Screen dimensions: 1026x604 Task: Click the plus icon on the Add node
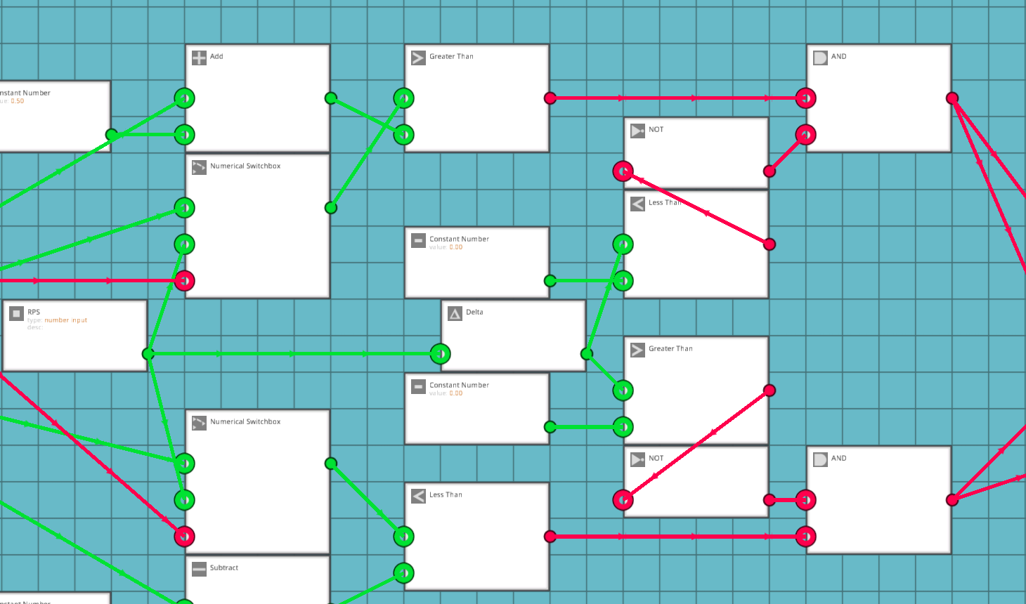pyautogui.click(x=199, y=58)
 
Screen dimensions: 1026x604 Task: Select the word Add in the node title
pyautogui.click(x=216, y=57)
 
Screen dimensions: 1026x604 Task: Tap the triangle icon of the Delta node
pyautogui.click(x=455, y=313)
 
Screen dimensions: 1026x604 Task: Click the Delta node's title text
pyautogui.click(x=474, y=313)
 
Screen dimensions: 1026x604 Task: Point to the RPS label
pyautogui.click(x=34, y=313)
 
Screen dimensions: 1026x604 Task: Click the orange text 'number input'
pyautogui.click(x=66, y=320)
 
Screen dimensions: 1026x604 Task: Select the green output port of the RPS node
pyautogui.click(x=148, y=354)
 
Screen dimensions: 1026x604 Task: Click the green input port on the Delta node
pyautogui.click(x=441, y=354)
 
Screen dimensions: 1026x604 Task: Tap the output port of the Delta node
pyautogui.click(x=587, y=354)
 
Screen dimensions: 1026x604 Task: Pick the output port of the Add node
pyautogui.click(x=331, y=98)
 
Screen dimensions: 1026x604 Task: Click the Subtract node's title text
pyautogui.click(x=224, y=568)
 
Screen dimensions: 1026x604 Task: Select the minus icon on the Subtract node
pyautogui.click(x=199, y=569)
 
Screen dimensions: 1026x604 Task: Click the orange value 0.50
pyautogui.click(x=18, y=101)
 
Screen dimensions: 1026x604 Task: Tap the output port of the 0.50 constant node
pyautogui.click(x=112, y=135)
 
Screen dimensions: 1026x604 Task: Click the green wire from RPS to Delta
pyautogui.click(x=295, y=354)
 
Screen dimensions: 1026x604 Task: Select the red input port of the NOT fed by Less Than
pyautogui.click(x=623, y=171)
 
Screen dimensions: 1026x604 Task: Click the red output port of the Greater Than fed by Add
pyautogui.click(x=550, y=98)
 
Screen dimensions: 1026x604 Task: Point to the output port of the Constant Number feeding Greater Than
pyautogui.click(x=550, y=427)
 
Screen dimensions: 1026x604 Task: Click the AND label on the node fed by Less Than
pyautogui.click(x=839, y=459)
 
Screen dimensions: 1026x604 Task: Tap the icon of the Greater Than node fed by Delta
pyautogui.click(x=637, y=350)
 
